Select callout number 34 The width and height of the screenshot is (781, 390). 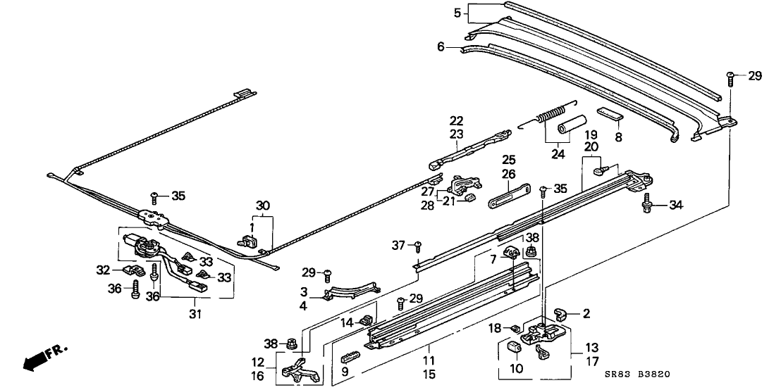tap(677, 206)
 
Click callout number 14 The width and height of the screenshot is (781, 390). tap(347, 323)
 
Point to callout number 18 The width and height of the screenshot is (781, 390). tap(496, 327)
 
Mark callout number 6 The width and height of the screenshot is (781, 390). tap(441, 47)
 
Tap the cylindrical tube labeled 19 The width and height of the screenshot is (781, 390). tap(569, 125)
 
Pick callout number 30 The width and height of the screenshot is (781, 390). tap(262, 206)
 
